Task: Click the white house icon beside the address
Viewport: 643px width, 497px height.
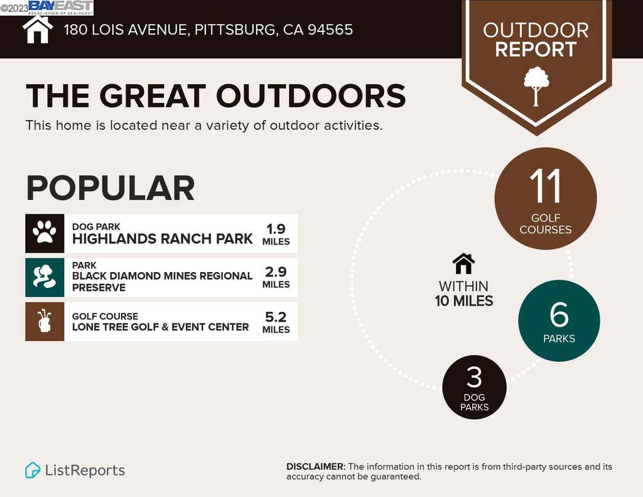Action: (x=38, y=30)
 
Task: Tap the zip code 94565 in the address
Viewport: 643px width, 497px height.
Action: (x=330, y=30)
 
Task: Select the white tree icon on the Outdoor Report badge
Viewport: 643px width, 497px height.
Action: (x=536, y=86)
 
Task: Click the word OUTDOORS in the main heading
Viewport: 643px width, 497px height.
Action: (x=311, y=96)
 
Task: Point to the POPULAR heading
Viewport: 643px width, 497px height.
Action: (x=111, y=188)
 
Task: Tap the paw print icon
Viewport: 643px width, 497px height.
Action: (x=45, y=232)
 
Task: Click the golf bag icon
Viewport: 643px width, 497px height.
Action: (x=45, y=321)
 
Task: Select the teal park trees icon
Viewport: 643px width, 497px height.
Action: (x=45, y=276)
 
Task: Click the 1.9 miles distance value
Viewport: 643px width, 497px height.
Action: (x=276, y=234)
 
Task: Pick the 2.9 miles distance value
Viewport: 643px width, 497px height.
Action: (x=276, y=277)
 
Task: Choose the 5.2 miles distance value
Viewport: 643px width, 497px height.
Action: (x=276, y=322)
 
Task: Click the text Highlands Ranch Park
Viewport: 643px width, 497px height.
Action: (x=163, y=239)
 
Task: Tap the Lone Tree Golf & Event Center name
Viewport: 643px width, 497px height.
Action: (x=160, y=327)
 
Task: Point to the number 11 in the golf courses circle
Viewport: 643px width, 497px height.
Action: (x=545, y=187)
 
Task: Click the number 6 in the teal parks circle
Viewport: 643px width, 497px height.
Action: (x=559, y=315)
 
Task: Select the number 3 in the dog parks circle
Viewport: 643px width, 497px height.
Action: (x=474, y=377)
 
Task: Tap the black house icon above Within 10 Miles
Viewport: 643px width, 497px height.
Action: (x=463, y=263)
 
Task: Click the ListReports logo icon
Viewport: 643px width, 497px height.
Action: (x=33, y=471)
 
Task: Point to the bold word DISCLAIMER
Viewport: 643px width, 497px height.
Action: (x=316, y=467)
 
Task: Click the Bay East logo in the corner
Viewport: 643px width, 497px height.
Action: (x=61, y=8)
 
